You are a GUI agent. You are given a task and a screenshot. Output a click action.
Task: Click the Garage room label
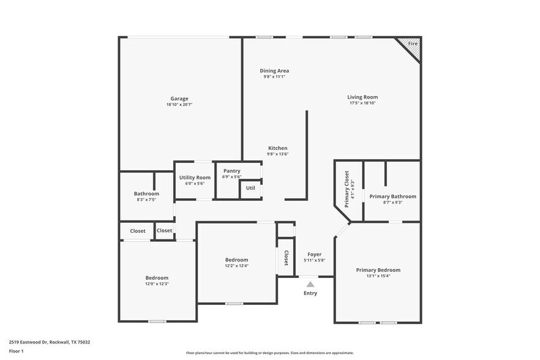(x=179, y=99)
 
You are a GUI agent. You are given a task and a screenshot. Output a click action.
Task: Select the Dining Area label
(x=274, y=71)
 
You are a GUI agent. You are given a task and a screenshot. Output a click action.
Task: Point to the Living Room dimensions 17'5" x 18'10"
(x=362, y=103)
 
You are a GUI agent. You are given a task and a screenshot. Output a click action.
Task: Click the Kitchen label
(x=277, y=148)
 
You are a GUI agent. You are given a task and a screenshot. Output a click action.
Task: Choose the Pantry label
(x=231, y=171)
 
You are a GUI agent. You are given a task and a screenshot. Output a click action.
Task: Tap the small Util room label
(x=250, y=188)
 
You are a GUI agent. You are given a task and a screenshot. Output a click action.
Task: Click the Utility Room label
(x=195, y=178)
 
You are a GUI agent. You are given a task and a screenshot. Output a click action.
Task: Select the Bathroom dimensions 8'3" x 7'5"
(x=146, y=200)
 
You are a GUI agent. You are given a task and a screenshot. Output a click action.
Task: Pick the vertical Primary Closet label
(x=347, y=189)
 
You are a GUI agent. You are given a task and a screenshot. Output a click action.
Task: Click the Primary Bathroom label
(x=392, y=197)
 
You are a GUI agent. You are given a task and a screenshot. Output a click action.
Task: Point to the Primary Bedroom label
(x=378, y=270)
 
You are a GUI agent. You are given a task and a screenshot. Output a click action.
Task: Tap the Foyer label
(x=314, y=254)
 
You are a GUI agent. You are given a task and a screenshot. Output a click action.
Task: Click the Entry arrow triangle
(x=310, y=284)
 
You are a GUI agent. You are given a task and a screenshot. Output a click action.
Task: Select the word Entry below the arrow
(x=310, y=293)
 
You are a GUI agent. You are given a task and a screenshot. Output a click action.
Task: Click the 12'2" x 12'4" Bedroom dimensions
(x=236, y=266)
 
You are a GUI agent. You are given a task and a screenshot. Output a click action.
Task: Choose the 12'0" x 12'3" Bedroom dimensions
(x=157, y=284)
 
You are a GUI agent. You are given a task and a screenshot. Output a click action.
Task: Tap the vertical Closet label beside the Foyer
(x=286, y=258)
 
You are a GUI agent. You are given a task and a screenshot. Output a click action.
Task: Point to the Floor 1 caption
(x=17, y=351)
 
